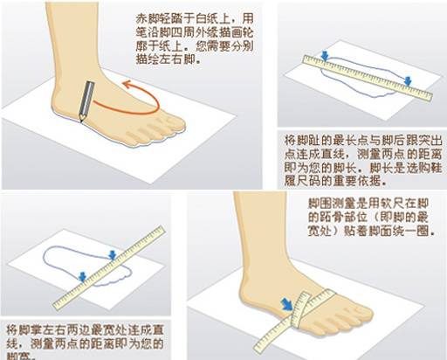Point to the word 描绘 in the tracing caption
click(146, 62)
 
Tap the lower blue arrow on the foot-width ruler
click(81, 277)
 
